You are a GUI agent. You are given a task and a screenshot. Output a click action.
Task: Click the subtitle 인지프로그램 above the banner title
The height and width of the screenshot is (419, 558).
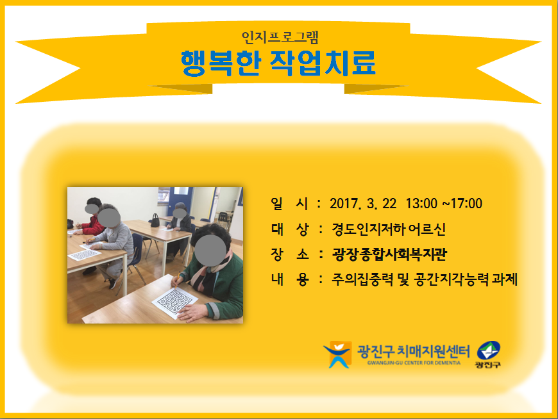pos(280,37)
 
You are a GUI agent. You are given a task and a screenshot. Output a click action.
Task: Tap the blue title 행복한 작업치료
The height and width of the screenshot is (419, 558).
pos(278,63)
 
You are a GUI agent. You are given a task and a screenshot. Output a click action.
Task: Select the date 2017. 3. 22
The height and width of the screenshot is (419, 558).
pos(362,204)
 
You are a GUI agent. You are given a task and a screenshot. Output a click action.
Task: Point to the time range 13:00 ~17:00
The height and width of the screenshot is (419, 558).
pos(444,204)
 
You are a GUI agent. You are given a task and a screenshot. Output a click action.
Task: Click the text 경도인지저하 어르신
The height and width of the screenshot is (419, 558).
pos(389,229)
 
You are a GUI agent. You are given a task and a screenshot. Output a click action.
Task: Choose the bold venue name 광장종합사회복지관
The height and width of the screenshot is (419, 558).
pos(389,254)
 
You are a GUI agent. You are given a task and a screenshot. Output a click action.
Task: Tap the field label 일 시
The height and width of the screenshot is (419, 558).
pos(289,204)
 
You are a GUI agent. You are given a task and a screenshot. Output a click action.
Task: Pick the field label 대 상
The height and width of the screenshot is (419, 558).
pos(289,229)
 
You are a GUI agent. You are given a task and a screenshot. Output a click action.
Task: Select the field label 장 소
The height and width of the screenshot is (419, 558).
pos(289,254)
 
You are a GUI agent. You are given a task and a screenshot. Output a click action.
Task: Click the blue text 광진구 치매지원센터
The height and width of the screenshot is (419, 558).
pos(414,352)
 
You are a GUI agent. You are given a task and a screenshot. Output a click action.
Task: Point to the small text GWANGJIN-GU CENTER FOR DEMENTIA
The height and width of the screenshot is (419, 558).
pos(414,363)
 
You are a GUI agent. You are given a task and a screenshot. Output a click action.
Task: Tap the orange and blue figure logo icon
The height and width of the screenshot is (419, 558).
pos(337,354)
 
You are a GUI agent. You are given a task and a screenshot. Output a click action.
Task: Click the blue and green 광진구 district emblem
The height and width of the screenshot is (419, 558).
pos(488,354)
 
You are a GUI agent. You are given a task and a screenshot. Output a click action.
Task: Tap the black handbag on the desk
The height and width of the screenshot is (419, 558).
pos(155,220)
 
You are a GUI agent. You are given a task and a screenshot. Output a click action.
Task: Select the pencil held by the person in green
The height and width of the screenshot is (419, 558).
pos(177,279)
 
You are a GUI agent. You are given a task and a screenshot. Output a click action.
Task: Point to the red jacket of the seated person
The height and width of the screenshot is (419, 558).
pos(93,226)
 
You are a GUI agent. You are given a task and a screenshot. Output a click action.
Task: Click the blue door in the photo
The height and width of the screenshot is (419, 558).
pos(181,202)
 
